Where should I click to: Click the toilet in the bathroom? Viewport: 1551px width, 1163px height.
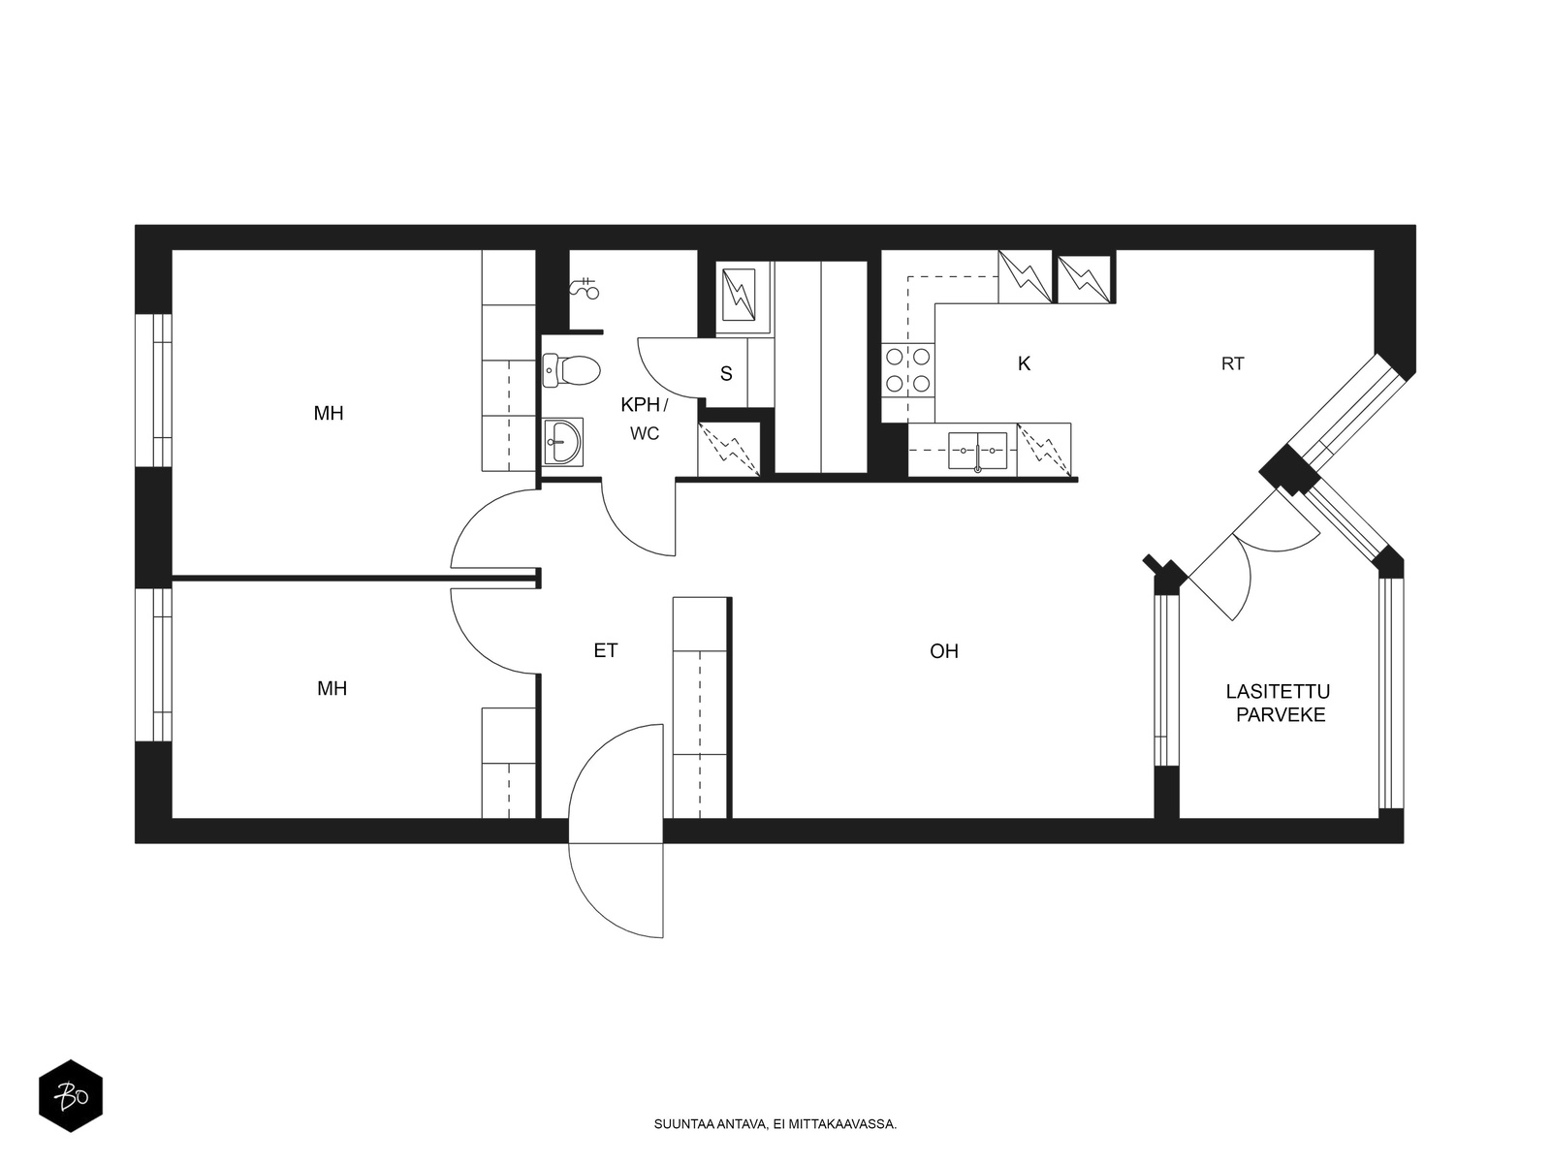click(571, 370)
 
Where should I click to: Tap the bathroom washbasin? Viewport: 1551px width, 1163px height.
click(563, 442)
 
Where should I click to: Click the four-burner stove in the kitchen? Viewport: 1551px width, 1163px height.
click(907, 370)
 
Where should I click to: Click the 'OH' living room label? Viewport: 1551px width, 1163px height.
click(944, 651)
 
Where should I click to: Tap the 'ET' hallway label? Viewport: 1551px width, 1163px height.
click(606, 650)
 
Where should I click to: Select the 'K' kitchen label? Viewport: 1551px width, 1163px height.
click(1024, 363)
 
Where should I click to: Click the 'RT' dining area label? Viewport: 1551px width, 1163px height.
click(1232, 363)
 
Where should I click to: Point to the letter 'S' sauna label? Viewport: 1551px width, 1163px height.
click(726, 373)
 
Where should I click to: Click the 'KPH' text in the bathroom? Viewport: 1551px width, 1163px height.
click(640, 404)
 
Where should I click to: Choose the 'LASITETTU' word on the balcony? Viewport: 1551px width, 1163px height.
click(1278, 691)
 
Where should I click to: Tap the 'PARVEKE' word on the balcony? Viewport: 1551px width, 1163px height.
click(1281, 714)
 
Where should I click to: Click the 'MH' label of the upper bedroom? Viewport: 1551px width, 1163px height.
click(329, 413)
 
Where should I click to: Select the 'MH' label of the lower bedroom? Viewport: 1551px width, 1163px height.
click(332, 688)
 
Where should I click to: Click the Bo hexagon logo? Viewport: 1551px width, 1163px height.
click(71, 1096)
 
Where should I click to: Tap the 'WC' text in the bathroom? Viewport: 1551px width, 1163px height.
click(645, 433)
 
